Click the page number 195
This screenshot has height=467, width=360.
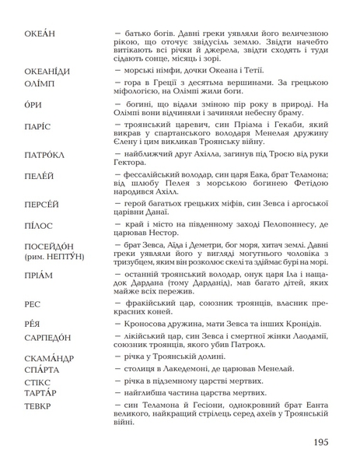(325, 443)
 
